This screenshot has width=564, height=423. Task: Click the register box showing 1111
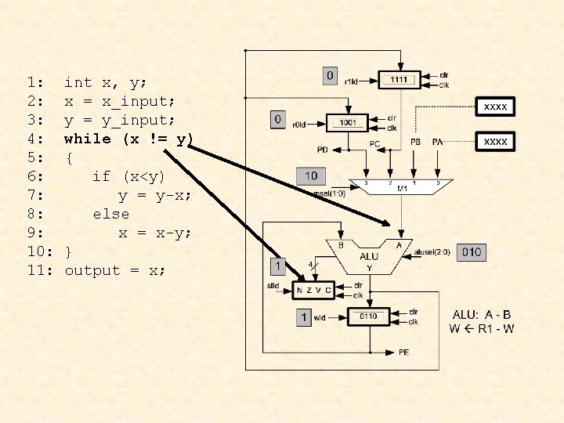tap(399, 80)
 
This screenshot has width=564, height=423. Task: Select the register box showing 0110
tap(368, 316)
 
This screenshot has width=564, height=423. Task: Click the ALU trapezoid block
tap(368, 256)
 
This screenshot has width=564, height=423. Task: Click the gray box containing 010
tap(472, 252)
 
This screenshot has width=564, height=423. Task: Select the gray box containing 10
tap(311, 175)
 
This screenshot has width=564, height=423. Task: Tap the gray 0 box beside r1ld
tap(330, 76)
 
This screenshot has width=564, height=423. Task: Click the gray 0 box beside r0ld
tap(277, 119)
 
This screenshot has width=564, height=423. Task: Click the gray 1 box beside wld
tap(304, 317)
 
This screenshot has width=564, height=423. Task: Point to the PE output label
tap(403, 352)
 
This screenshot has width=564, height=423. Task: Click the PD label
tap(323, 149)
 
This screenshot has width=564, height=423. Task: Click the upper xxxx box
tap(495, 106)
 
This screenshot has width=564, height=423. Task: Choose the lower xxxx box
tap(495, 142)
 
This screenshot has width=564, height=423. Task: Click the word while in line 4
tap(88, 139)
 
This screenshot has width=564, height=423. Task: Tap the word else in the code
tap(110, 214)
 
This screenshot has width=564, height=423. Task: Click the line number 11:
tap(39, 270)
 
